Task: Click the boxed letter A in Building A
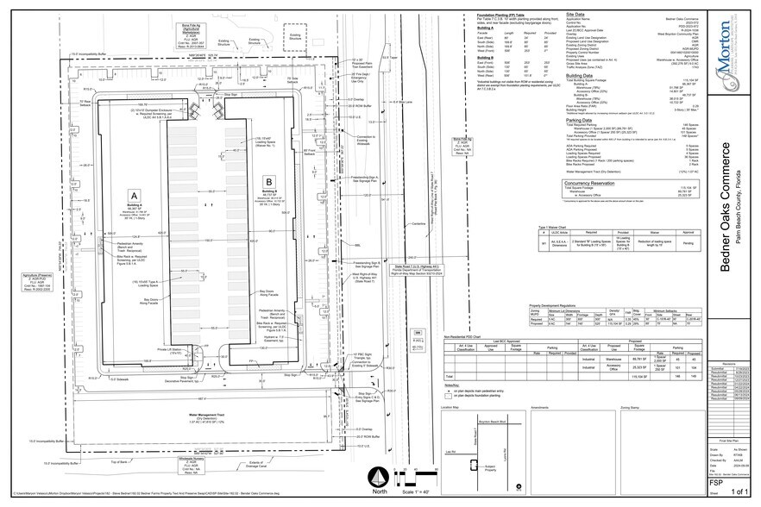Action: point(133,195)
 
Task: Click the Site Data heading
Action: point(575,16)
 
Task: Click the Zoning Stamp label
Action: point(641,405)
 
